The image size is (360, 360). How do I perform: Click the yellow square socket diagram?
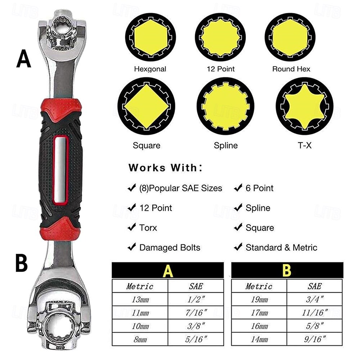(x=146, y=106)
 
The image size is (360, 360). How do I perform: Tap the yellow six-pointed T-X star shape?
(x=305, y=106)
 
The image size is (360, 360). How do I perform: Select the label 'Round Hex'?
(x=291, y=69)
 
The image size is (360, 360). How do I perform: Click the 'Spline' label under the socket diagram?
(x=226, y=145)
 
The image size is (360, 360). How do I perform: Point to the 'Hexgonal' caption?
(x=150, y=69)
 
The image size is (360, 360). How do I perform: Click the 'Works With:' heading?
(x=165, y=168)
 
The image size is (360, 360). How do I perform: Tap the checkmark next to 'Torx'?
(x=132, y=227)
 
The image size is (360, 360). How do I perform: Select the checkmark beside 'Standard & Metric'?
(x=238, y=247)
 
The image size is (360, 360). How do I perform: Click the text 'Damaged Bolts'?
(x=170, y=248)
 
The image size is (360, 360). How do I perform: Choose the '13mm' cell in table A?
(x=140, y=299)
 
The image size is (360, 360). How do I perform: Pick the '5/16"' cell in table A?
(x=196, y=339)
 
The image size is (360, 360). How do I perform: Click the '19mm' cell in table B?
(x=259, y=299)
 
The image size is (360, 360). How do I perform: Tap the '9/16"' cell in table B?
(x=315, y=339)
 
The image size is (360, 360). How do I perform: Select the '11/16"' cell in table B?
(x=315, y=312)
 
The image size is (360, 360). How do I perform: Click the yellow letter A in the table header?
(x=168, y=271)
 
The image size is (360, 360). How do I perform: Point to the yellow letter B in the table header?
(x=287, y=270)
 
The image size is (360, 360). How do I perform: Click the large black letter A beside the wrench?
(x=23, y=59)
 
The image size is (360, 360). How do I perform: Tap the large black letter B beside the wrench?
(x=22, y=264)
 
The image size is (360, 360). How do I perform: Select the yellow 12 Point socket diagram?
(x=220, y=37)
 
